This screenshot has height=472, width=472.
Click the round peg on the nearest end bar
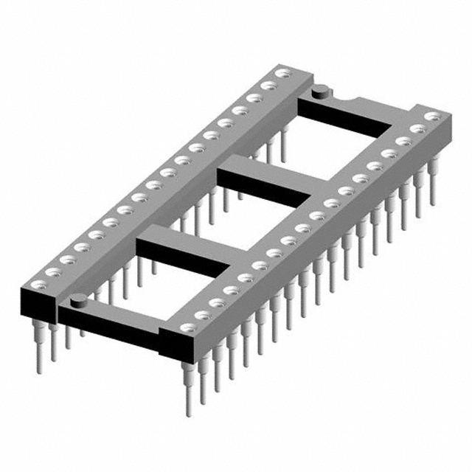[77, 299]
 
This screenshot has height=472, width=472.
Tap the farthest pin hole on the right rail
[433, 116]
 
